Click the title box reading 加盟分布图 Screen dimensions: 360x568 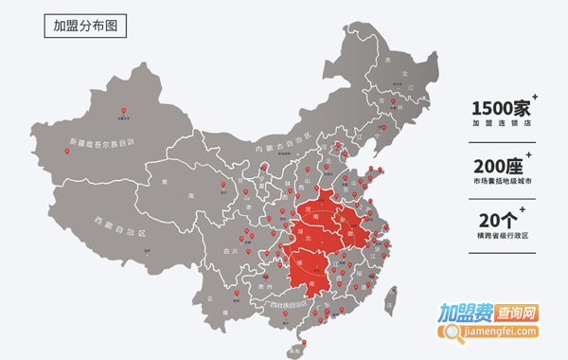[x=90, y=27]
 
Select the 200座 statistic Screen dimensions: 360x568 [x=499, y=164]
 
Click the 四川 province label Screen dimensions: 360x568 [x=230, y=251]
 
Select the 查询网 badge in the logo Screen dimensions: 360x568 [x=518, y=312]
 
